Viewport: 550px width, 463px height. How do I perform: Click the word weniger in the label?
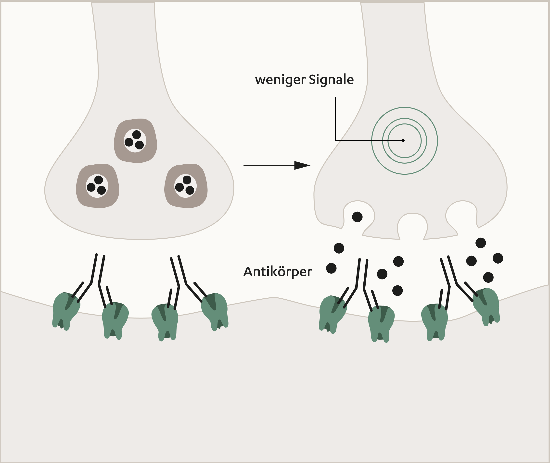[280, 80]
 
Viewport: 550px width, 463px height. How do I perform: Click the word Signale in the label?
[331, 80]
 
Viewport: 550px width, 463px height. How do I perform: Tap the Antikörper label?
[278, 272]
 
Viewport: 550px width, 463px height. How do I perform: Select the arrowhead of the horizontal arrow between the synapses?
[302, 165]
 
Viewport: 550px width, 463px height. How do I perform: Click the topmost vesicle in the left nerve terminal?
[135, 141]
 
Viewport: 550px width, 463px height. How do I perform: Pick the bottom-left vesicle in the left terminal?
[97, 186]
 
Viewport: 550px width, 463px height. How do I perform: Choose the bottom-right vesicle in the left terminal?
[186, 186]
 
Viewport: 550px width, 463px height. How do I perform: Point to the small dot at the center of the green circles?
[403, 140]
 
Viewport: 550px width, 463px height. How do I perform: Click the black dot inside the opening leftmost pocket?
[357, 217]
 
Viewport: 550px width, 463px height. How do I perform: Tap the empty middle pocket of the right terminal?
[412, 226]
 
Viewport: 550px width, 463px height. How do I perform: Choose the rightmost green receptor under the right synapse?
[487, 306]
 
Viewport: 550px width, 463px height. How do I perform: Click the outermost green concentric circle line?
[372, 141]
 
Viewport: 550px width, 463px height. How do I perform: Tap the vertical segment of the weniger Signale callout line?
[335, 118]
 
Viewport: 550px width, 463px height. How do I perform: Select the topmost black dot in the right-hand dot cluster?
[481, 243]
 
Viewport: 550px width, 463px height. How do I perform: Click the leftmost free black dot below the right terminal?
[331, 268]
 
